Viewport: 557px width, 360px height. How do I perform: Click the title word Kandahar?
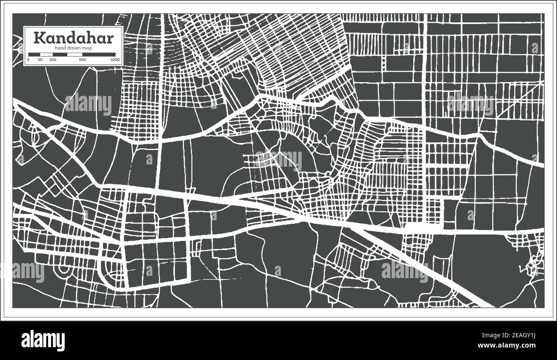[73, 38]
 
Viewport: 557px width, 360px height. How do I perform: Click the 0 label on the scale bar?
[28, 60]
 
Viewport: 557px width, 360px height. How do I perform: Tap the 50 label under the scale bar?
[40, 60]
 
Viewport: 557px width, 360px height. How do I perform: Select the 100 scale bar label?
[52, 60]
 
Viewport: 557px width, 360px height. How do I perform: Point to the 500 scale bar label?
[82, 60]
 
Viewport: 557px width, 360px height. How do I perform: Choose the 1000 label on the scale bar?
[114, 60]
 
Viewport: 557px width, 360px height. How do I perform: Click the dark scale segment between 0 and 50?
[34, 54]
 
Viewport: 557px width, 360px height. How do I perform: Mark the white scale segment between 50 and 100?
[46, 54]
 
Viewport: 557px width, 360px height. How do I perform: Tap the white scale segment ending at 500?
[75, 54]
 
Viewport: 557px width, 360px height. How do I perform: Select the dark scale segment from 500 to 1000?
[99, 54]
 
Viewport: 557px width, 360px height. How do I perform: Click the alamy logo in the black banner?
[43, 340]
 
